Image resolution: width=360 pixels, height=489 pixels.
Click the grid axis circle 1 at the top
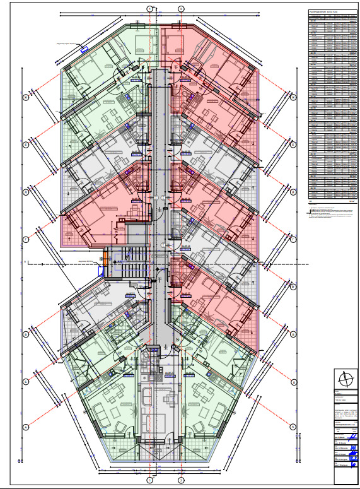pyautogui.click(x=149, y=8)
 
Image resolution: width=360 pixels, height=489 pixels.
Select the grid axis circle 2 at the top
pyautogui.click(x=181, y=8)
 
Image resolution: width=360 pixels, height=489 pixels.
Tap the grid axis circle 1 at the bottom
pyautogui.click(x=149, y=481)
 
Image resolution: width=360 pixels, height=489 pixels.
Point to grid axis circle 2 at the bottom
pyautogui.click(x=181, y=481)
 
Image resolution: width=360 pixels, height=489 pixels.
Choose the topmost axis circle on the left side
pyautogui.click(x=26, y=97)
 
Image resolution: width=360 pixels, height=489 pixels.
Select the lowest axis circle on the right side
pyautogui.click(x=293, y=427)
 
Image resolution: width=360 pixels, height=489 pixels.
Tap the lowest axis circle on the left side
pyautogui.click(x=26, y=427)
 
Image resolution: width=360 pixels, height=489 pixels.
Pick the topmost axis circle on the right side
pyautogui.click(x=293, y=97)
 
